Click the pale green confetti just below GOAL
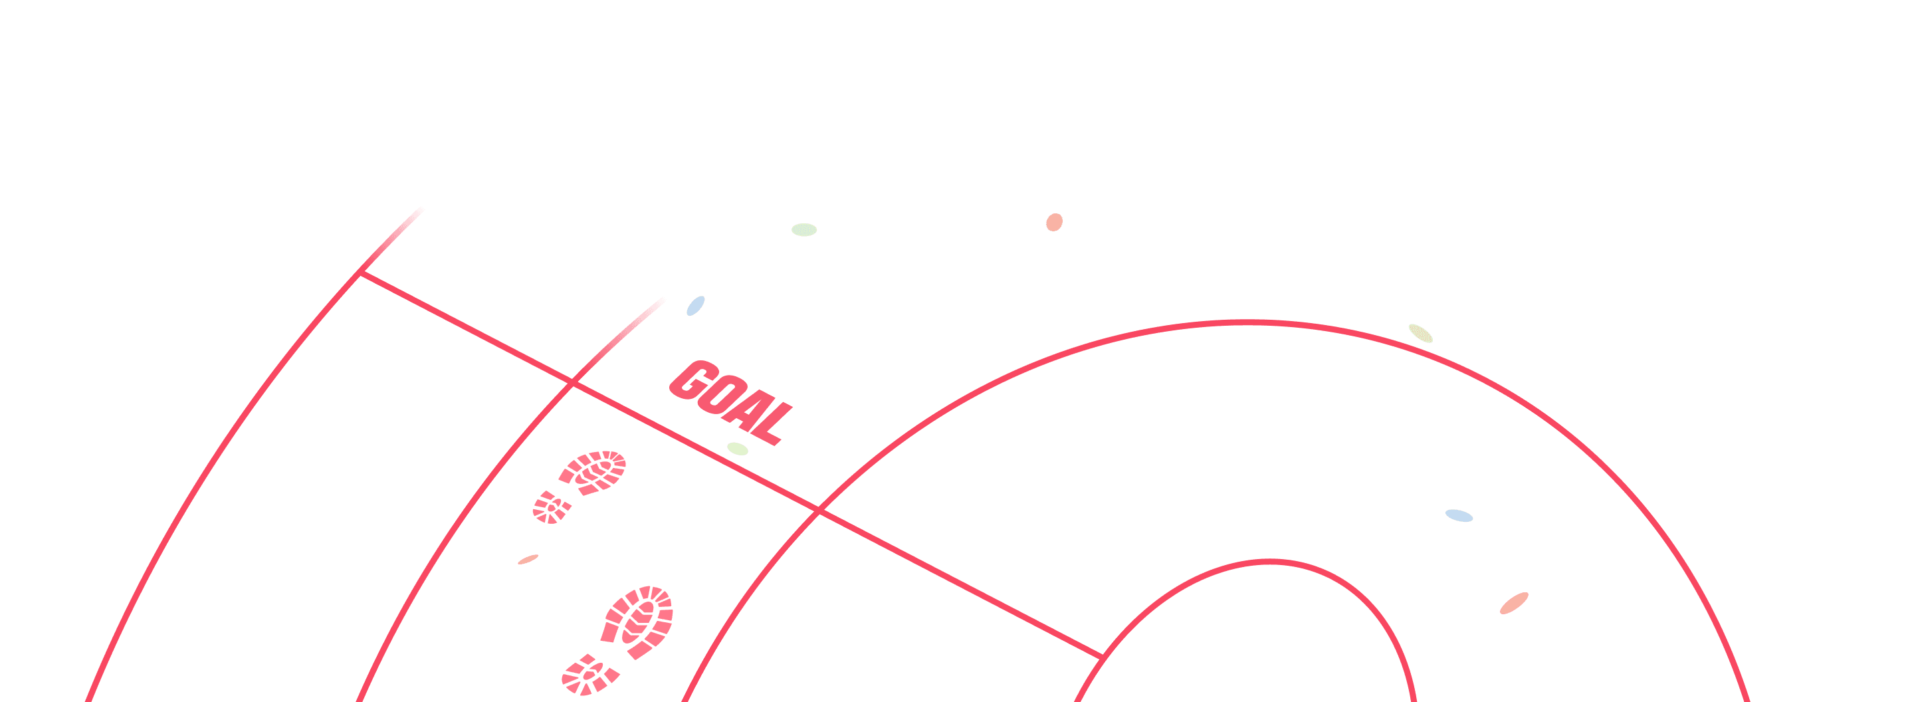coord(737,449)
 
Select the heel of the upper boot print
coord(552,508)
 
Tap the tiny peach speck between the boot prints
coord(528,559)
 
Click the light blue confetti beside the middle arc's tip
coord(695,306)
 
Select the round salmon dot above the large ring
coord(1054,222)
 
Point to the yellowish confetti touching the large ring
coord(1421,334)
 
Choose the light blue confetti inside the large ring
coord(1459,516)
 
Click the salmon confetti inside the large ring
coord(1513,603)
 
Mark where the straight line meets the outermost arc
coord(360,273)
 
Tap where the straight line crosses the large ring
coord(819,511)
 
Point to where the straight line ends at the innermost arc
coord(1101,657)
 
